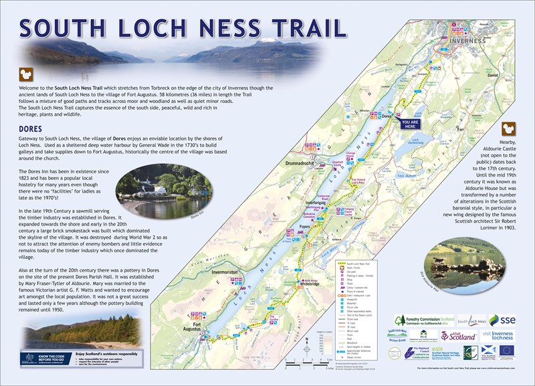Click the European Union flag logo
click(506, 350)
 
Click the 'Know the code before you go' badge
click(44, 359)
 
